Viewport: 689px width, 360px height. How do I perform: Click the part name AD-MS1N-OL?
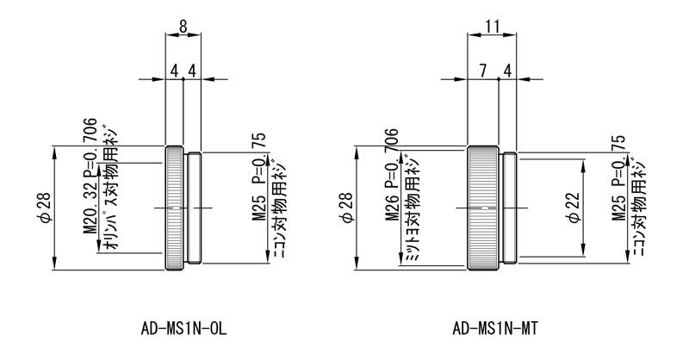[183, 328]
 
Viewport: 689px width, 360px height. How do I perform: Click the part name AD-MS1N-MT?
[494, 328]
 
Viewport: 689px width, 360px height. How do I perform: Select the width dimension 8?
[183, 27]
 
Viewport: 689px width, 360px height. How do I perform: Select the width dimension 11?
[492, 27]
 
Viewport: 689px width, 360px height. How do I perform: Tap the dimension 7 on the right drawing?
[483, 71]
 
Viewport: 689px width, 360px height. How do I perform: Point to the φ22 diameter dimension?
[574, 208]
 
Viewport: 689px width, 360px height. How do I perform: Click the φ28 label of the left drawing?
[47, 208]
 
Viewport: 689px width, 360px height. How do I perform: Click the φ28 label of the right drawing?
[347, 208]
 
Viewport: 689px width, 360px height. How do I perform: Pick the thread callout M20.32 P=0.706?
[90, 176]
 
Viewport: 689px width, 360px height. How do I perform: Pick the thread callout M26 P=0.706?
[392, 175]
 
